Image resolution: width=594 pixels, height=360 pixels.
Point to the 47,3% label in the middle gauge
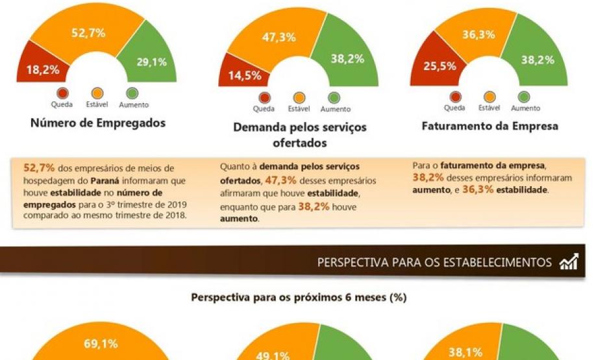coord(279,37)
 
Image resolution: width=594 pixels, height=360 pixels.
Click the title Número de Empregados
coord(98,123)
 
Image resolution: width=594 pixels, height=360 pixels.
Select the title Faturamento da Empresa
coord(490,126)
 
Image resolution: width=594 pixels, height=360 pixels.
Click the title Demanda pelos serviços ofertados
coord(300,134)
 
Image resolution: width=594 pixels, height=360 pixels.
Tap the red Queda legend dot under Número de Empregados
coord(63,93)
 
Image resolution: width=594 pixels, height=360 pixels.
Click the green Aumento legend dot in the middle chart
coord(334,97)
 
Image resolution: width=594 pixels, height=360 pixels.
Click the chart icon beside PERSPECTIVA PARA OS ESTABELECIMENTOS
coord(569,262)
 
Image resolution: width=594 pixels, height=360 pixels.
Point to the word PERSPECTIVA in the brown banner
coord(349,263)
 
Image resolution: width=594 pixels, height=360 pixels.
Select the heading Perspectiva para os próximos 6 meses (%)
coord(299,298)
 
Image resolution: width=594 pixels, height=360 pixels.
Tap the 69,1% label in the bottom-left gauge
coord(101,344)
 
